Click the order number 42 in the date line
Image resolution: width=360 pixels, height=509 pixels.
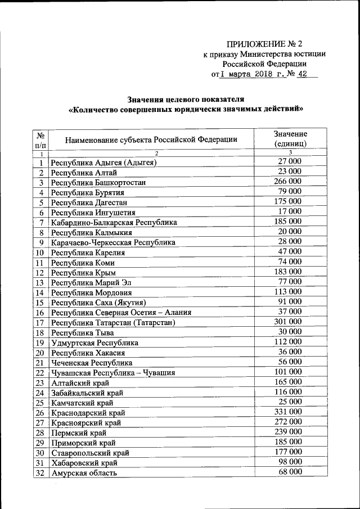coord(304,74)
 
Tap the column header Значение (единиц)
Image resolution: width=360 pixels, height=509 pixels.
coord(290,138)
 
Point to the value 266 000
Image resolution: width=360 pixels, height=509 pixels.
coord(287,181)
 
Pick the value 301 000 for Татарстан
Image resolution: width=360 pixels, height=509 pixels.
coord(287,322)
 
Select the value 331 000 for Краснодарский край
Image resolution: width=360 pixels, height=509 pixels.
coord(287,412)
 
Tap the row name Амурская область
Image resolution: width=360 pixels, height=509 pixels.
coord(84,473)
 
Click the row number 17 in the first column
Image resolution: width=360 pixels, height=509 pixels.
coord(40,323)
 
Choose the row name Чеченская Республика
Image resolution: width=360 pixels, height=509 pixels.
coord(92,363)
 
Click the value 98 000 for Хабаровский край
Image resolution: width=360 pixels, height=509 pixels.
coord(290,462)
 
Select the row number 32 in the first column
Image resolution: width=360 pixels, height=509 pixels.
coord(40,473)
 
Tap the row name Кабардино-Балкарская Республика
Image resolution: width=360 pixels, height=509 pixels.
coord(114,223)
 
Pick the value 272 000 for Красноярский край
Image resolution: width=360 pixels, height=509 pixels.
coord(287,422)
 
